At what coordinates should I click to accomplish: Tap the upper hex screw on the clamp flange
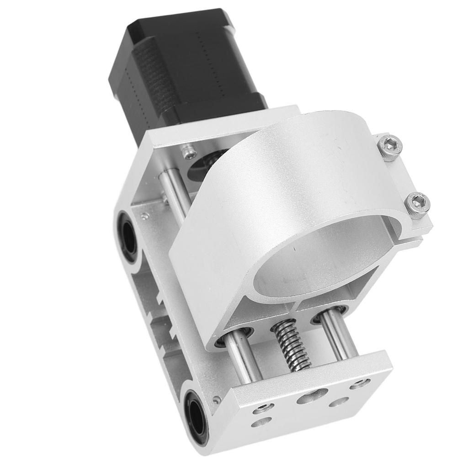pos(390,147)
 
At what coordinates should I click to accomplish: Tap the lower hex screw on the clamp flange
pos(418,203)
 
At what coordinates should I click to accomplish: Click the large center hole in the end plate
pos(312,396)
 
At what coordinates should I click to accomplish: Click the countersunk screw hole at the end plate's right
pos(360,384)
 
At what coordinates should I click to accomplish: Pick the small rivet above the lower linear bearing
pos(217,400)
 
